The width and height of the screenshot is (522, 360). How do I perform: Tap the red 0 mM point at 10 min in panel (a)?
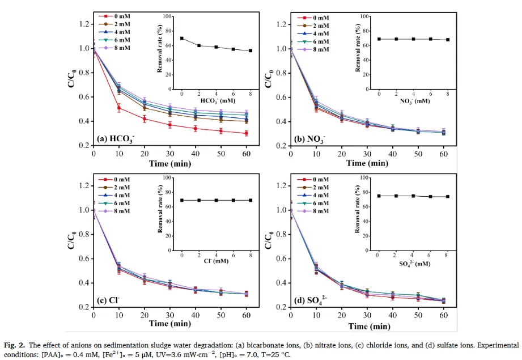(x=119, y=108)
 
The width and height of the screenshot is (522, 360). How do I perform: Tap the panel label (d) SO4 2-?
(x=313, y=299)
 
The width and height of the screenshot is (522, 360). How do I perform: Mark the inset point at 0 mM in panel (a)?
(x=182, y=38)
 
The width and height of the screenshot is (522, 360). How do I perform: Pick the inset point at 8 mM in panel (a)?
(x=250, y=50)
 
